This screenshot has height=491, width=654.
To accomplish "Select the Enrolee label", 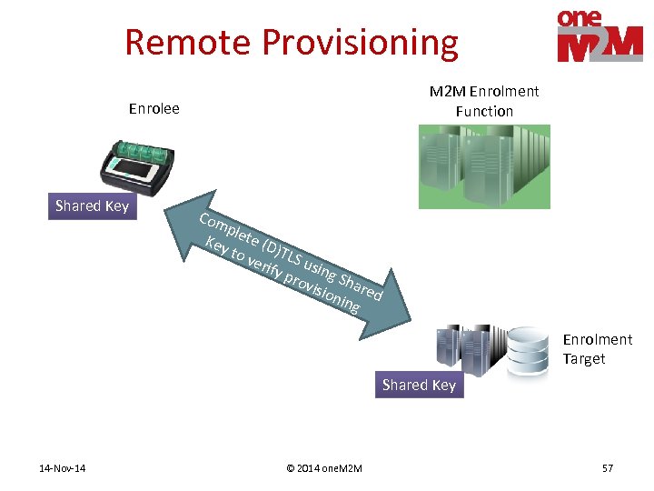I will (154, 109).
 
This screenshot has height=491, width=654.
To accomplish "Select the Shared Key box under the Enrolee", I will (92, 206).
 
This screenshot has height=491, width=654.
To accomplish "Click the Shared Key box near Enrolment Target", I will (419, 386).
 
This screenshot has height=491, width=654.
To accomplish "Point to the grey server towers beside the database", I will (469, 346).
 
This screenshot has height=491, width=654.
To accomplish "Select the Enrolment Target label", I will (597, 349).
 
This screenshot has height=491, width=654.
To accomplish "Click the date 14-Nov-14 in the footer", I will (63, 468).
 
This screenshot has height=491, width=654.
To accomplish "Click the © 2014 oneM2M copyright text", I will (323, 468).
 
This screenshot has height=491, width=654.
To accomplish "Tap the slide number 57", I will (608, 468).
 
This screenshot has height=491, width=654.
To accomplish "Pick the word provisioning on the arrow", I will (322, 288).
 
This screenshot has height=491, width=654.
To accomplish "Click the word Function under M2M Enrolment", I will (484, 111).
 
